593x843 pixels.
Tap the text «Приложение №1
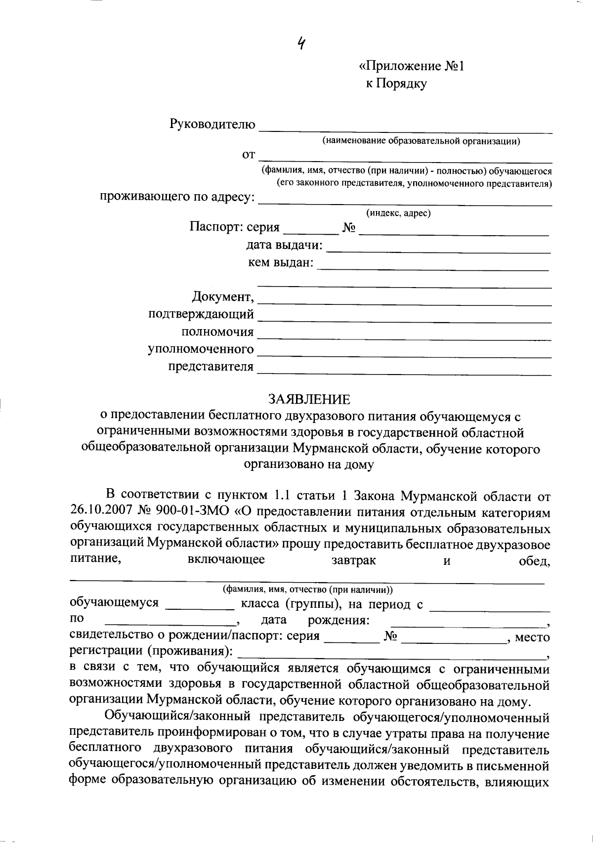pyautogui.click(x=411, y=67)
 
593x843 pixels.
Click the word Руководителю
pyautogui.click(x=212, y=124)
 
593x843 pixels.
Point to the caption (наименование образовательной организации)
pyautogui.click(x=422, y=141)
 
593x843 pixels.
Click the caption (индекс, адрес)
pyautogui.click(x=398, y=213)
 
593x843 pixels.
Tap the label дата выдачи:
pyautogui.click(x=285, y=246)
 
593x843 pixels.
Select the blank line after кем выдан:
pyautogui.click(x=433, y=267)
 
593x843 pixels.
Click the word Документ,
pyautogui.click(x=223, y=297)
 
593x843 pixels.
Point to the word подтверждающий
pyautogui.click(x=201, y=314)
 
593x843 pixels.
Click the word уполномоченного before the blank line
pyautogui.click(x=201, y=349)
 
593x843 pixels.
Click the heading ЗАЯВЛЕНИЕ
pyautogui.click(x=309, y=399)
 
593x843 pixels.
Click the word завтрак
pyautogui.click(x=352, y=560)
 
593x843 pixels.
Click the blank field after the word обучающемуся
pyautogui.click(x=200, y=606)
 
